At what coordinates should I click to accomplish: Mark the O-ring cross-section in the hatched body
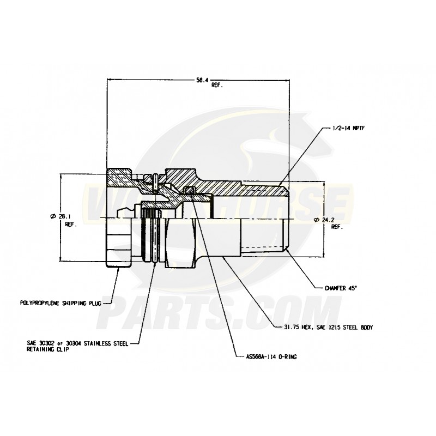(190, 190)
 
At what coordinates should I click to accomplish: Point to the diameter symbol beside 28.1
(53, 216)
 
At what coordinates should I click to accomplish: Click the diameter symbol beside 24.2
(317, 220)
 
